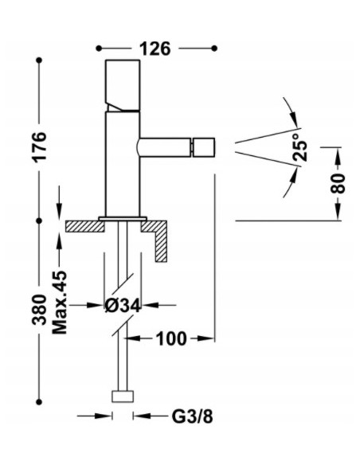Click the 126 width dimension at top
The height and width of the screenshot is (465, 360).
[x=155, y=49]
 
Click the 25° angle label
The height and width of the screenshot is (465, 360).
[x=300, y=148]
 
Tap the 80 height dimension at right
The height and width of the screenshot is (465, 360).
[x=338, y=183]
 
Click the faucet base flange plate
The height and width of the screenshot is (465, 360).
[x=123, y=217]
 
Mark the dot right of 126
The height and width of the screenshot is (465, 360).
[x=214, y=49]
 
